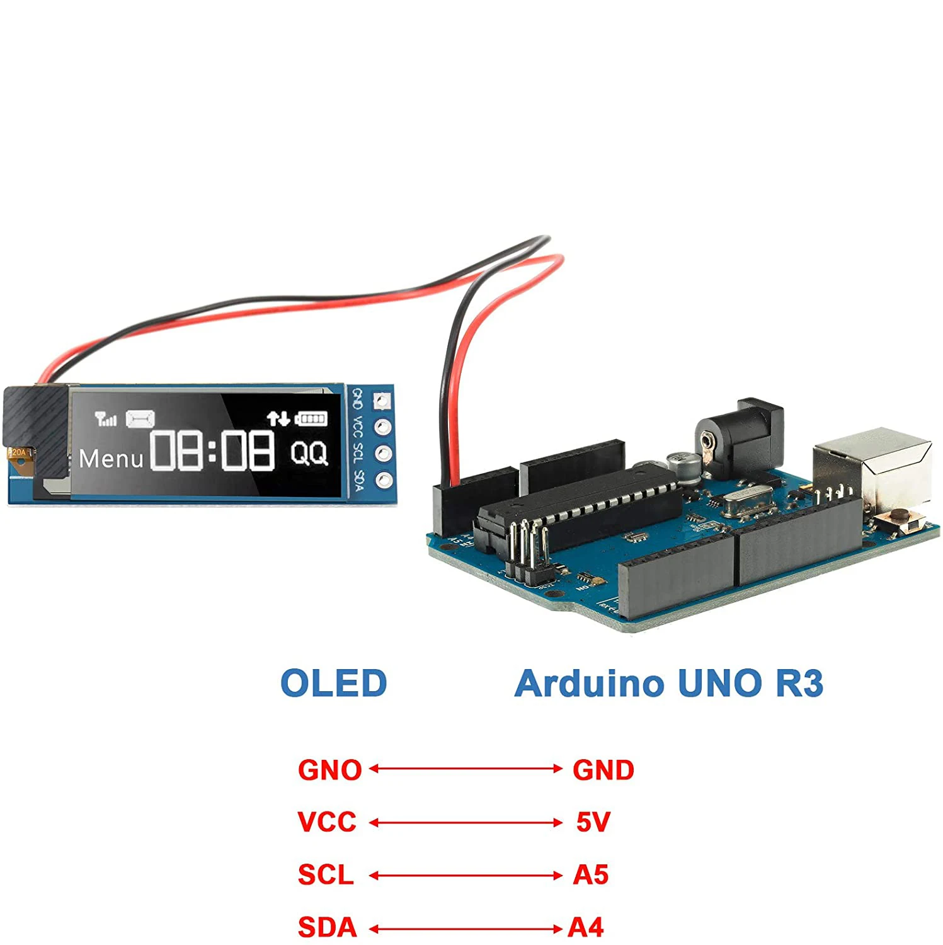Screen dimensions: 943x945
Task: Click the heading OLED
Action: (333, 684)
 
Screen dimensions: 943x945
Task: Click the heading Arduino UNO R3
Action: (668, 684)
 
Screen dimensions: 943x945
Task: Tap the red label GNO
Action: (329, 770)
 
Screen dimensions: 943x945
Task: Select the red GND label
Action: (603, 770)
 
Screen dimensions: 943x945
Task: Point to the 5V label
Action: (593, 822)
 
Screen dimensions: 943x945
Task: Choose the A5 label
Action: (590, 874)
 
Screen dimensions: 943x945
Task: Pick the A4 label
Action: (585, 927)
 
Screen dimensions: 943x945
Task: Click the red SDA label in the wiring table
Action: (327, 927)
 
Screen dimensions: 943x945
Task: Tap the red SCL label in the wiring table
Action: (326, 874)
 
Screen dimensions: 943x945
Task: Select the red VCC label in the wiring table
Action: (327, 822)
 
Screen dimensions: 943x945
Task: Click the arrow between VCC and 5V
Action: (466, 822)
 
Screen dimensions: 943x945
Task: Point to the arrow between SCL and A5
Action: (466, 875)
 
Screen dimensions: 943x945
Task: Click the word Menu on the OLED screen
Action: (111, 459)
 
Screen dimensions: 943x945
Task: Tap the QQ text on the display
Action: (309, 452)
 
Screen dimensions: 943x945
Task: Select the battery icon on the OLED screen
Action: (311, 418)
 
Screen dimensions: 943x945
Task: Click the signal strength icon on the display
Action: (105, 418)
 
